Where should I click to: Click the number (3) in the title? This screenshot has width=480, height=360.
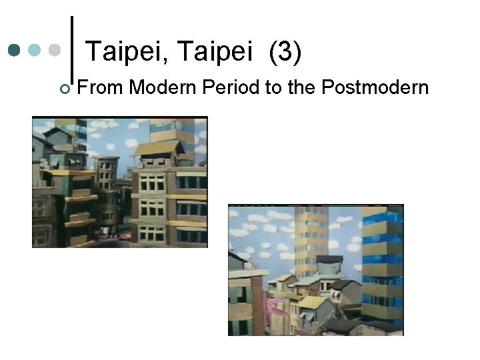click(x=286, y=52)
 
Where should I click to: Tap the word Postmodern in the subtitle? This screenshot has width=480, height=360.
click(x=376, y=87)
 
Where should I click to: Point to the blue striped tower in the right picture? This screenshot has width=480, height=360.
click(x=383, y=260)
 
